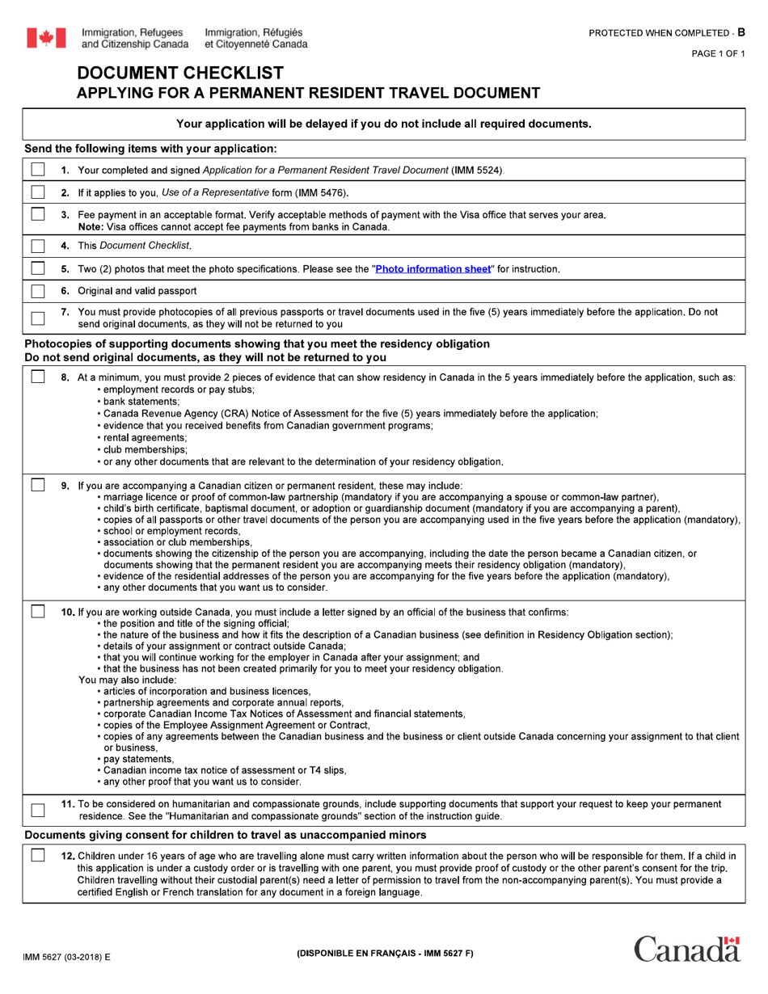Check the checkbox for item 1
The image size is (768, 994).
38,170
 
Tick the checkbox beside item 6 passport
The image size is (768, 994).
38,291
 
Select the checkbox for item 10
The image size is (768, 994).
38,612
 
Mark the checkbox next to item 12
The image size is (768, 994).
38,856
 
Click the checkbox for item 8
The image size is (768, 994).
38,377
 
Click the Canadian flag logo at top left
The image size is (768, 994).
47,37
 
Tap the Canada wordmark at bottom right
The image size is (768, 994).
686,950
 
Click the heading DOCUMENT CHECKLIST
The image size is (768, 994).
180,74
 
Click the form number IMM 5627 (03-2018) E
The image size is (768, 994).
68,956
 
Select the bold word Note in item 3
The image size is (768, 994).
92,226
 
